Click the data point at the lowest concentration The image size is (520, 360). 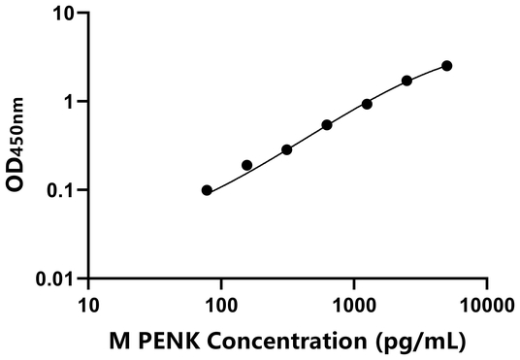pyautogui.click(x=207, y=190)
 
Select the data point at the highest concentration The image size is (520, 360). pyautogui.click(x=447, y=66)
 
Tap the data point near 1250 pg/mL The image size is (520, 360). pyautogui.click(x=367, y=104)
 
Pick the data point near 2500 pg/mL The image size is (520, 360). pyautogui.click(x=406, y=81)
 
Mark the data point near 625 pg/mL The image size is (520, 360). pyautogui.click(x=327, y=125)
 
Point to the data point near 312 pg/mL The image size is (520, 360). pyautogui.click(x=287, y=149)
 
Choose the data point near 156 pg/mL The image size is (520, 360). pyautogui.click(x=246, y=165)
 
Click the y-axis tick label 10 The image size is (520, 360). pyautogui.click(x=64, y=14)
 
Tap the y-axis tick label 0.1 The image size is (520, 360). pyautogui.click(x=63, y=190)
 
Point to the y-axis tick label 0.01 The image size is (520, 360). pyautogui.click(x=58, y=279)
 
